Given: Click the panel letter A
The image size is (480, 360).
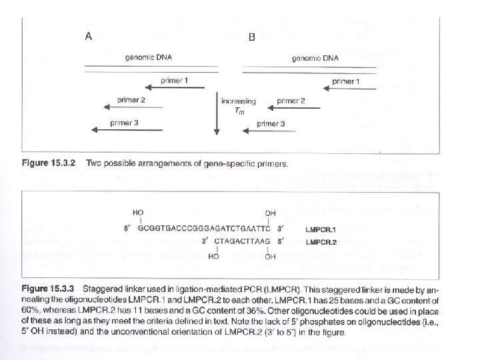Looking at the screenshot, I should tap(89, 37).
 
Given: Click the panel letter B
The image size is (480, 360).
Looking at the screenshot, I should tap(251, 37).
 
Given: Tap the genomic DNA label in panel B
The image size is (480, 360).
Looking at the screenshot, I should tap(315, 58).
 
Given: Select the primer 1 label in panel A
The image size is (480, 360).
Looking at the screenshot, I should tap(174, 81).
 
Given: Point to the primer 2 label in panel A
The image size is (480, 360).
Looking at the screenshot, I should tap(131, 100).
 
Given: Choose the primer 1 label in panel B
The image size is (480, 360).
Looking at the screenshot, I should tap(345, 81).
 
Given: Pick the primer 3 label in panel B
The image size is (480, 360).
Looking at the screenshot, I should tap(271, 123).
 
